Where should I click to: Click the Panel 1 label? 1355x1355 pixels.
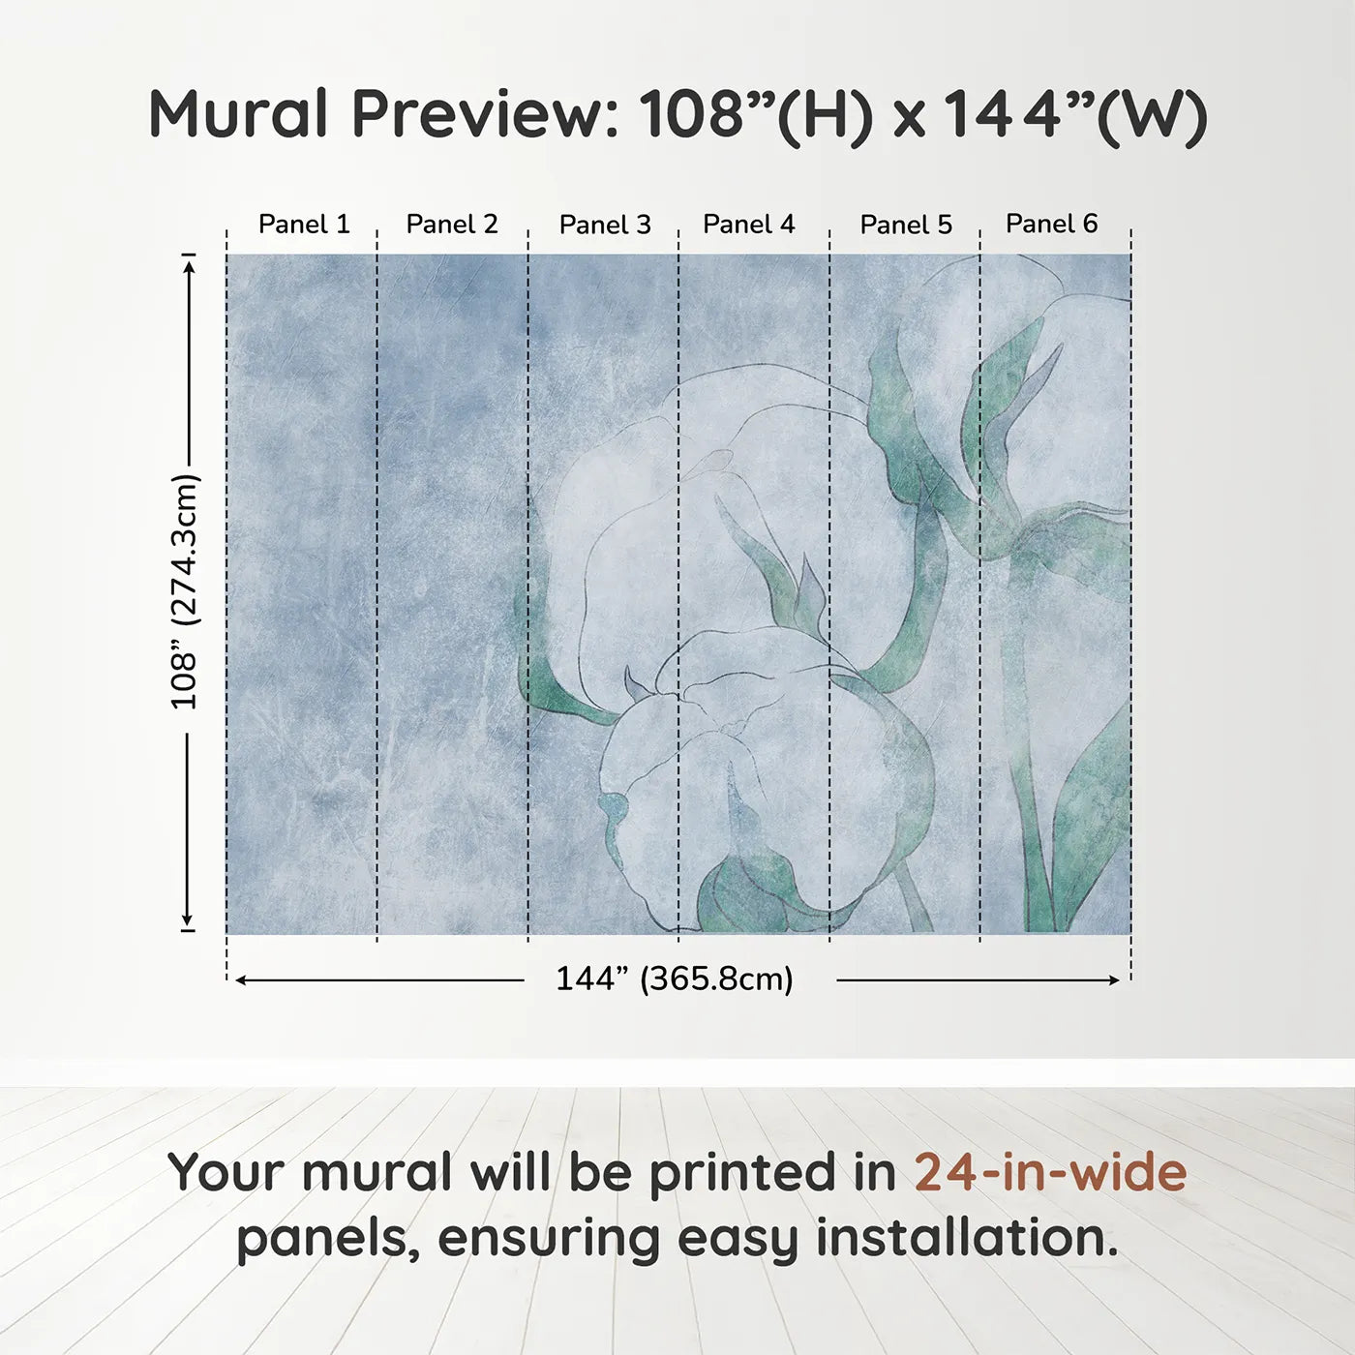point(304,225)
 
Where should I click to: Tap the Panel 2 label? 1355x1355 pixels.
point(452,225)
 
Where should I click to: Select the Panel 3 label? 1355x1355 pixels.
point(605,226)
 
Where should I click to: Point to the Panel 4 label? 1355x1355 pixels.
point(749,225)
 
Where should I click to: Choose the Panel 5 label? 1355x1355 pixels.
point(906,226)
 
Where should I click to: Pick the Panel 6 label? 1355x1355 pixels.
point(1052,225)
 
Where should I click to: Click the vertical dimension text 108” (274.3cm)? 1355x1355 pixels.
point(185,591)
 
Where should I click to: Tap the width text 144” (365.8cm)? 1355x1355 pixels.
point(675,979)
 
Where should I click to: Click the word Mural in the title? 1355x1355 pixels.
point(239,114)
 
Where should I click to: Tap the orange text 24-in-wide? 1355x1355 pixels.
point(1050,1172)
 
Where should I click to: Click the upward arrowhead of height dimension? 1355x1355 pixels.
point(189,262)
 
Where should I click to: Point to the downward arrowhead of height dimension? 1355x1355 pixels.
point(188,923)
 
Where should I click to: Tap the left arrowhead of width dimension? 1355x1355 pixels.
point(241,980)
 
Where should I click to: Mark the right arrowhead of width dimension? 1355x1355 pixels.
point(1114,980)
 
